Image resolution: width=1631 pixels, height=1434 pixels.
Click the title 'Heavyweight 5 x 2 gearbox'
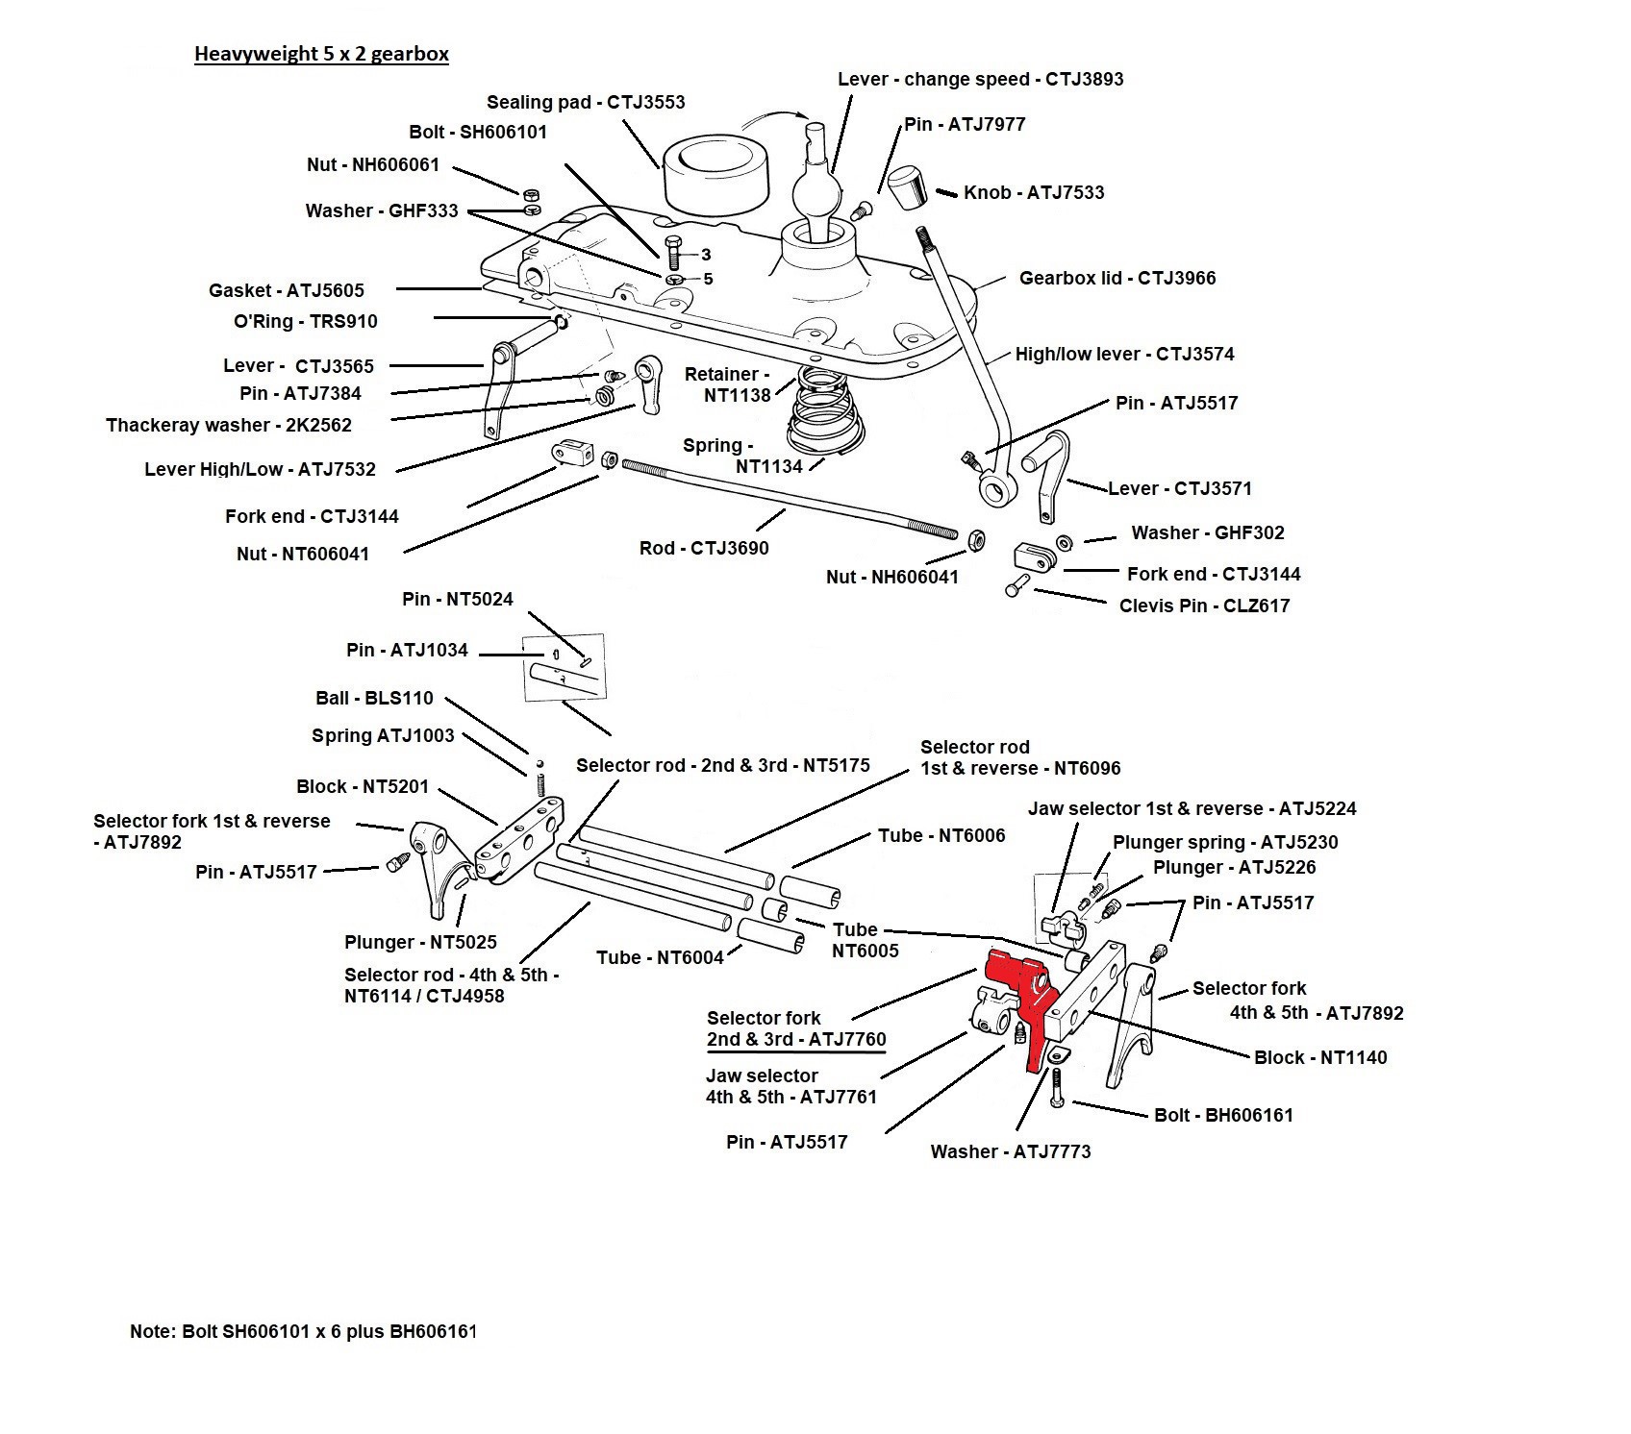(321, 53)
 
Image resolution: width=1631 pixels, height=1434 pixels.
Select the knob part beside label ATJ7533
(905, 186)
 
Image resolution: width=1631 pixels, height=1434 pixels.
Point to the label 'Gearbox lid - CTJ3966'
(1117, 278)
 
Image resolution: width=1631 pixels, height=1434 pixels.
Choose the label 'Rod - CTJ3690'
(704, 548)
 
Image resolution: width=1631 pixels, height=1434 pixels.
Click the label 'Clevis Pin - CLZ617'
(1204, 606)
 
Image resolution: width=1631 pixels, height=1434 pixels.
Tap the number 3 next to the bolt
(706, 255)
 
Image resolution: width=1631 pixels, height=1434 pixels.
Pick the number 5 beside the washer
(708, 279)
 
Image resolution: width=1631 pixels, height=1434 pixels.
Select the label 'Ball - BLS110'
(374, 698)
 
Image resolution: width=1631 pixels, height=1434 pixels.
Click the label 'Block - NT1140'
(1320, 1057)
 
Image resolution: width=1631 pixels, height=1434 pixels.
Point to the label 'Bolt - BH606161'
(1223, 1115)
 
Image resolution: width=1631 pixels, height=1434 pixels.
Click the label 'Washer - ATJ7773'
(1011, 1151)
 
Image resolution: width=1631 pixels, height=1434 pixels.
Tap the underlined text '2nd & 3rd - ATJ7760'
(796, 1039)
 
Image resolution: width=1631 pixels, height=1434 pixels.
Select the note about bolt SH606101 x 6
(303, 1332)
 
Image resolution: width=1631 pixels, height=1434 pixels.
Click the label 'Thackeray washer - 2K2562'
(229, 425)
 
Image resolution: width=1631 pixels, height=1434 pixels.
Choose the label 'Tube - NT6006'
(941, 835)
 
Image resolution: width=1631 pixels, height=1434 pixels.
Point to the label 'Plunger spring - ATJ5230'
(1225, 842)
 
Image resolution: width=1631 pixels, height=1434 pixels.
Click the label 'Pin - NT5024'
(458, 599)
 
